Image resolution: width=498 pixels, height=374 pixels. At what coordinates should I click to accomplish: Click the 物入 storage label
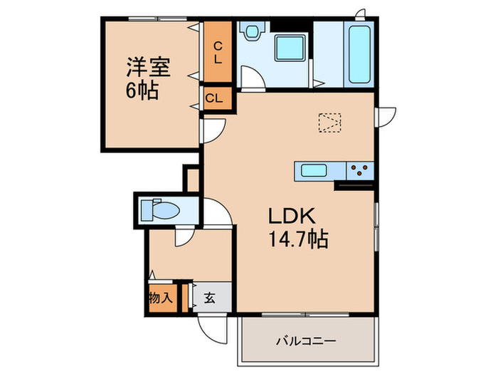point(161,298)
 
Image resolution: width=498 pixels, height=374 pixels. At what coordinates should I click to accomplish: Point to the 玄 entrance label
point(211,298)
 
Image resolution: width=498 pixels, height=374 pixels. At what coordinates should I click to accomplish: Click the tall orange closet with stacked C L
point(218,53)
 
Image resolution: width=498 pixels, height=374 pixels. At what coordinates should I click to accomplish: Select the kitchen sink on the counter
point(313,170)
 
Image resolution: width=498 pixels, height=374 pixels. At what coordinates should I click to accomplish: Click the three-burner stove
point(359,170)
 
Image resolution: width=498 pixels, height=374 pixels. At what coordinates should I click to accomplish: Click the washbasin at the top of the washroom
point(251,33)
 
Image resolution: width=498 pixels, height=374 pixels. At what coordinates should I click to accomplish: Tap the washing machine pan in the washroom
point(291,49)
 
